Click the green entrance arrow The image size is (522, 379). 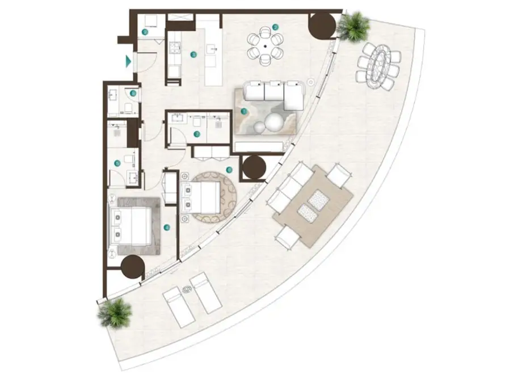click(x=129, y=61)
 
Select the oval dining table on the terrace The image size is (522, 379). click(x=378, y=66)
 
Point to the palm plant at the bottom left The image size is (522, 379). click(x=115, y=312)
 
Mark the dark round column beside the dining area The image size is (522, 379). click(x=322, y=26)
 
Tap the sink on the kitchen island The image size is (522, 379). click(x=214, y=50)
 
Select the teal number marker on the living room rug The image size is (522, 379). click(x=245, y=112)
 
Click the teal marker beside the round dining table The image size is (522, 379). click(x=275, y=27)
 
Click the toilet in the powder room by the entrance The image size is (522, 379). click(x=129, y=107)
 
